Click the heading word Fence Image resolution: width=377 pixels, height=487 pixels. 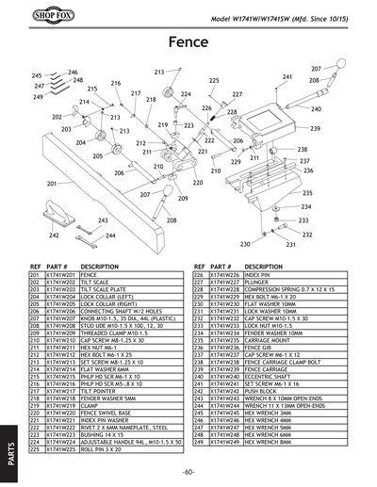point(188,43)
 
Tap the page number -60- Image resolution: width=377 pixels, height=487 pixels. point(188,470)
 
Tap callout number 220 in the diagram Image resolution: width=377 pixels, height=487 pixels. point(198,182)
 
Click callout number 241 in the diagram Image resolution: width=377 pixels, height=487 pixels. point(287,76)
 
